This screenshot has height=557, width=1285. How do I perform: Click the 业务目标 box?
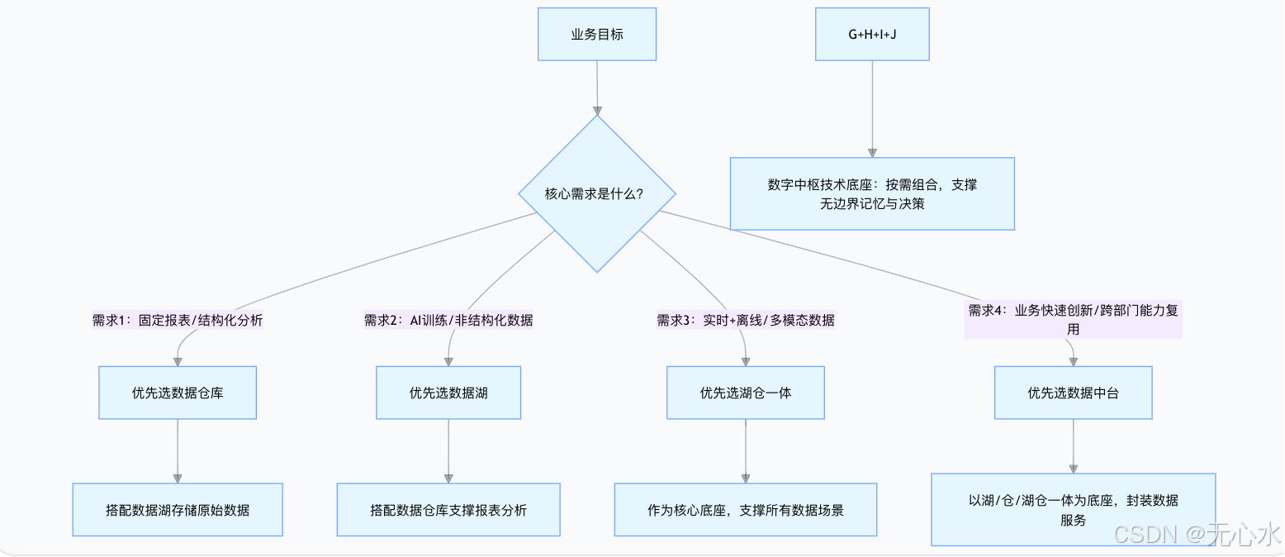tap(597, 34)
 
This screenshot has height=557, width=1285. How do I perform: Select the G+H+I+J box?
tap(872, 34)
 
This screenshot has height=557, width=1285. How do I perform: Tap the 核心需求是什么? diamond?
tap(596, 193)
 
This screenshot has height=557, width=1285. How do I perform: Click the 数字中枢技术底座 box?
tap(872, 193)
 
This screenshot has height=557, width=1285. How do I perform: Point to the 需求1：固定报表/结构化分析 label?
tap(178, 320)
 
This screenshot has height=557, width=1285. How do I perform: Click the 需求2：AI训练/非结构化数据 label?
tap(448, 320)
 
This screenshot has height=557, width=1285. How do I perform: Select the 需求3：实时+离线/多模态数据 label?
tap(746, 320)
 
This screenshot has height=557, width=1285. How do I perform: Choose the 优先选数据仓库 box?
tap(178, 393)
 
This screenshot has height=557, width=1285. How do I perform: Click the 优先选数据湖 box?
tap(448, 393)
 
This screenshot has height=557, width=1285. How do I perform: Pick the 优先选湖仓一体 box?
tap(746, 393)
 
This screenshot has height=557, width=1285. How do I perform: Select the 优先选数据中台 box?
tap(1073, 393)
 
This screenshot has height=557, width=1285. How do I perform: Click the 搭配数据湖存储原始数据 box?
tap(178, 510)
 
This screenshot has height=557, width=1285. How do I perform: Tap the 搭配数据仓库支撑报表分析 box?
tap(448, 510)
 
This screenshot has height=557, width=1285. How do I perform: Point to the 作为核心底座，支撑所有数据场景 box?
tap(746, 510)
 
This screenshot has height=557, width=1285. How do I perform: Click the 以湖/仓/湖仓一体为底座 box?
tap(1073, 509)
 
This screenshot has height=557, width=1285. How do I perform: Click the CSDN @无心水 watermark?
tap(1197, 533)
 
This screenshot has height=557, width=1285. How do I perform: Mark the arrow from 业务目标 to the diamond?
tap(597, 87)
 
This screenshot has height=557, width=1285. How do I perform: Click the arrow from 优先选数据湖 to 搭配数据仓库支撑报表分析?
tap(448, 450)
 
